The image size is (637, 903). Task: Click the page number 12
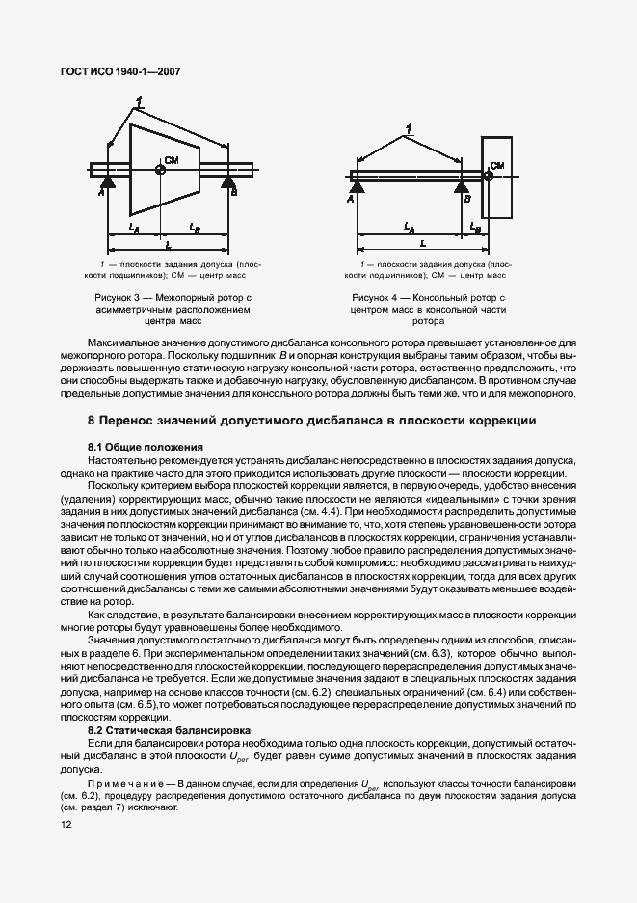tap(66, 824)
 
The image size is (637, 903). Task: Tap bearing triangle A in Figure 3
tap(105, 181)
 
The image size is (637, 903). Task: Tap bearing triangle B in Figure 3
tap(228, 181)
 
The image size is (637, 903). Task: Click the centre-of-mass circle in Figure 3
tap(160, 170)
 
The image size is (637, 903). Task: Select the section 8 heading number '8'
tap(91, 422)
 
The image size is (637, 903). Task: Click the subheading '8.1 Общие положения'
tap(145, 447)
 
